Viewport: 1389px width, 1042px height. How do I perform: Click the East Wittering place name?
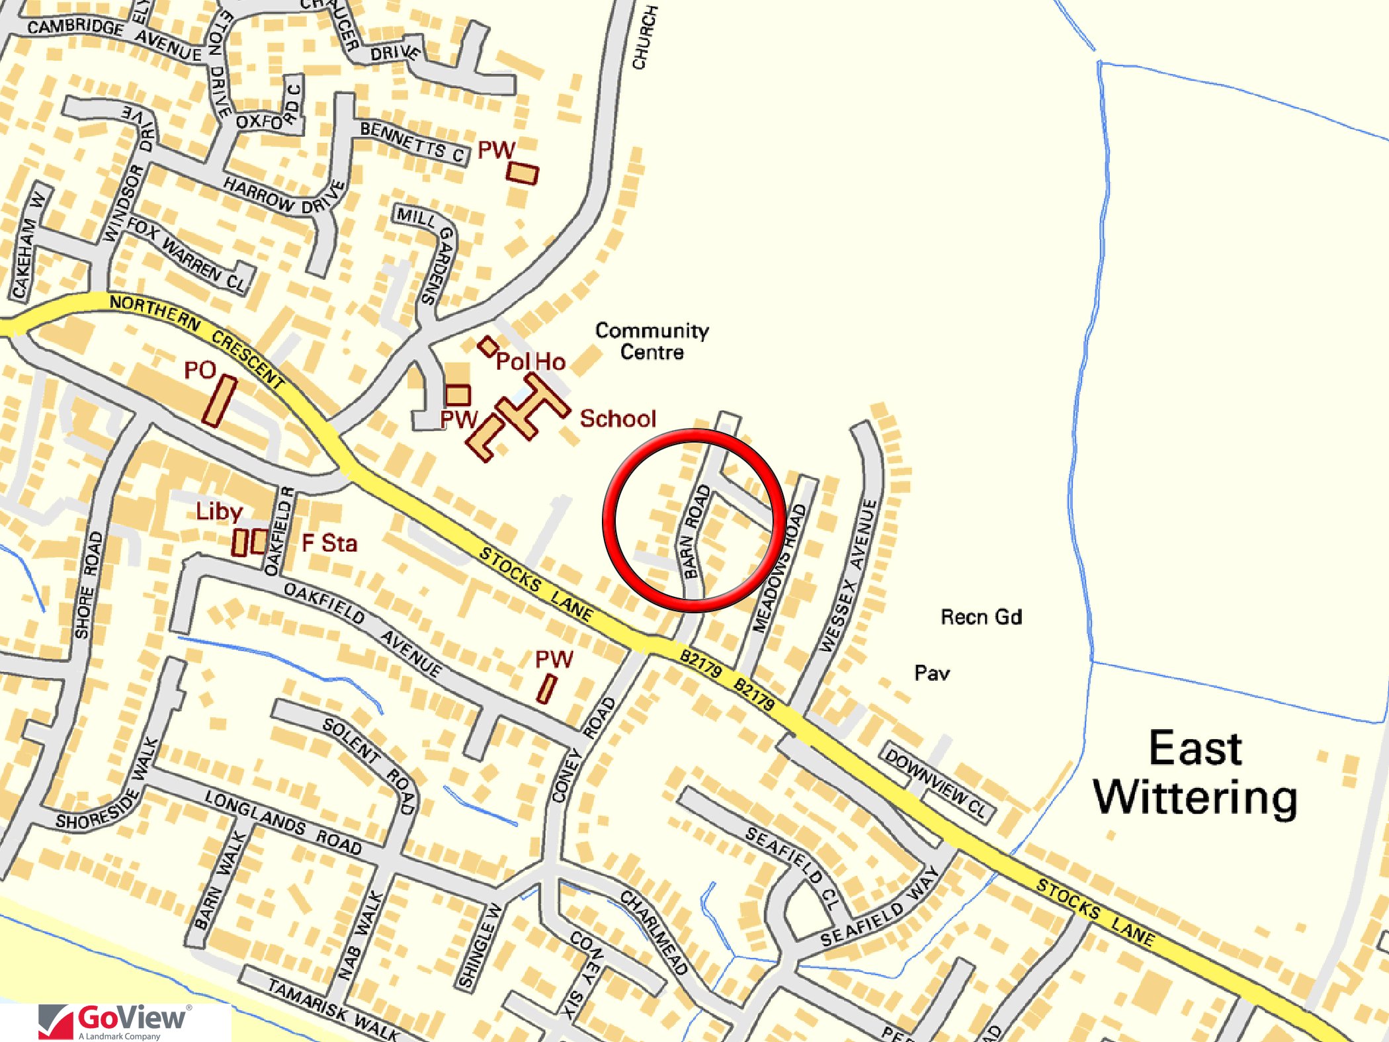[x=1196, y=773]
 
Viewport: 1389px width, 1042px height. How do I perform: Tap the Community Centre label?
[x=652, y=341]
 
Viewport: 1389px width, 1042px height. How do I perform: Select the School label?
[x=618, y=419]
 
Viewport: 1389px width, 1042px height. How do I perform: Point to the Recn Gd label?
[x=981, y=617]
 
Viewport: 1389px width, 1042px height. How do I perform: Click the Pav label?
[x=932, y=673]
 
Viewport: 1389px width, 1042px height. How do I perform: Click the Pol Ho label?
[x=530, y=362]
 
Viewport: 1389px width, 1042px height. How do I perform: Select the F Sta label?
[x=329, y=543]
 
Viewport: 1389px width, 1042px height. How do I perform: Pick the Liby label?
[x=219, y=511]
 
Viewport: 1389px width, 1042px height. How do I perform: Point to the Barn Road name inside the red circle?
[x=694, y=531]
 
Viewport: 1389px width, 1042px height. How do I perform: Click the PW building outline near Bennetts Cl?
[x=523, y=173]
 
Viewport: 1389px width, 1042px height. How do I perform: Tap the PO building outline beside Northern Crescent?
[x=219, y=401]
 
